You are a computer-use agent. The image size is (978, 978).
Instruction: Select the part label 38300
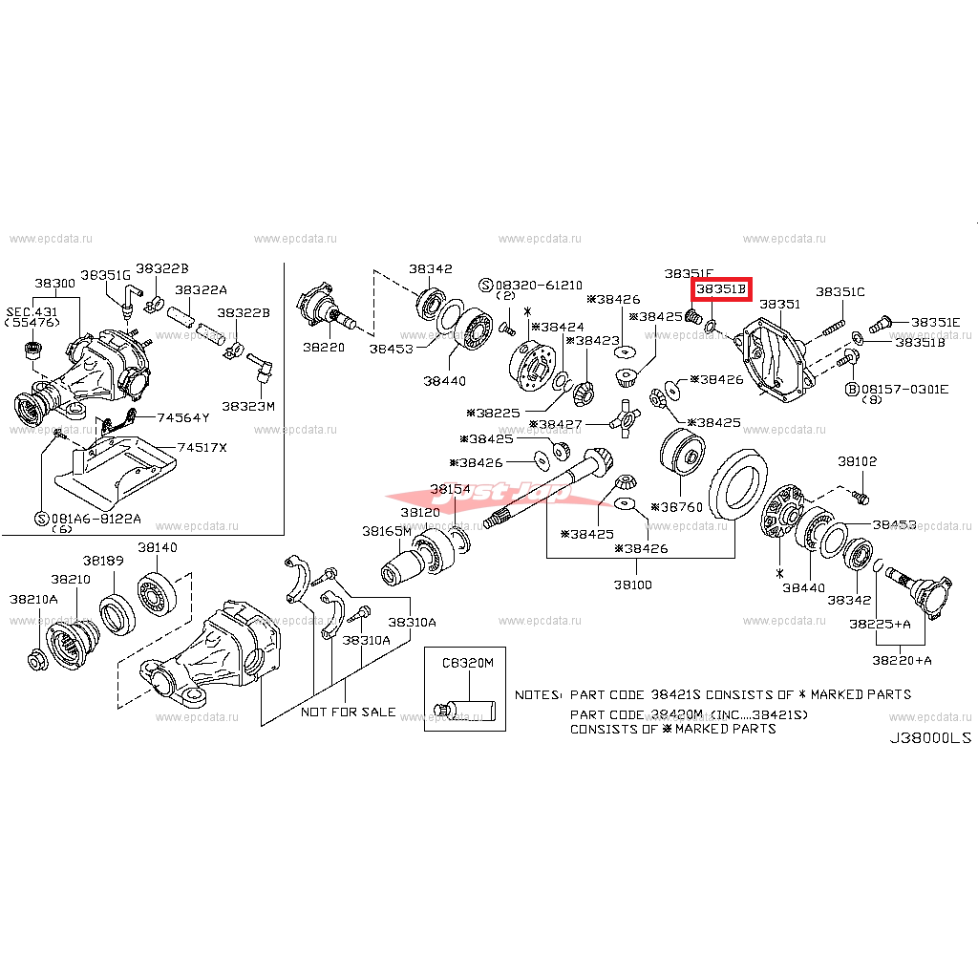click(x=55, y=284)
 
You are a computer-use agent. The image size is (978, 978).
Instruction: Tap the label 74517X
click(x=202, y=448)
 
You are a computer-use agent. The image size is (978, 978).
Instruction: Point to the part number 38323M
click(x=248, y=406)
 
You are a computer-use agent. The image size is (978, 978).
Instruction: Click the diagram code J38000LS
click(x=930, y=738)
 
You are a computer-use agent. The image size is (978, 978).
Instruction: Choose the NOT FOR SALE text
click(x=349, y=712)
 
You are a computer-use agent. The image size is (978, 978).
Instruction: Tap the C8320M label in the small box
click(x=467, y=662)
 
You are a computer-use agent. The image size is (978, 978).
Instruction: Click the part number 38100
click(x=633, y=584)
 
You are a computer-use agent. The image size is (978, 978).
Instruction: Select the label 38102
click(x=857, y=461)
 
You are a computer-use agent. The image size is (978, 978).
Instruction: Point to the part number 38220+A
click(x=901, y=660)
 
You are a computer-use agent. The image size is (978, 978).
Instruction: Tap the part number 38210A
click(x=33, y=599)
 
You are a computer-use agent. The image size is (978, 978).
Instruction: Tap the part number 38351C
click(x=840, y=291)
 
